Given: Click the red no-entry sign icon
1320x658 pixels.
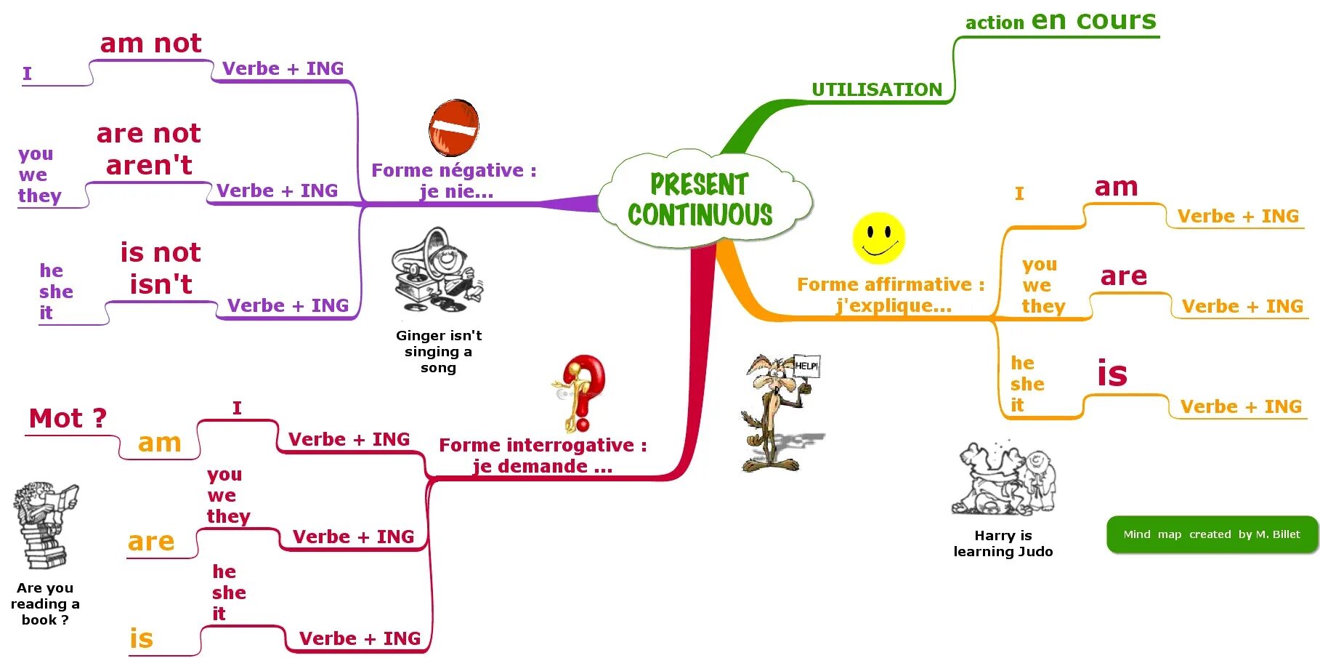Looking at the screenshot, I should [x=454, y=128].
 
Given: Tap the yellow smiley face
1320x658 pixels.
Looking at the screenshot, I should [x=878, y=238].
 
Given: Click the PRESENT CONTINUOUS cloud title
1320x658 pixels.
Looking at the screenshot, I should [x=700, y=199].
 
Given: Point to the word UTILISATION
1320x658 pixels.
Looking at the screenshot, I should [x=877, y=89].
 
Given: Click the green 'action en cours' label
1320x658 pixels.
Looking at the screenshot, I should [x=1060, y=21].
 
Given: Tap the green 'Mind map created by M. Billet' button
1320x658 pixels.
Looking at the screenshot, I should [x=1211, y=534].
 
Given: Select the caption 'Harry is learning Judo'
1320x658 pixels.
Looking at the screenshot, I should [x=1003, y=543].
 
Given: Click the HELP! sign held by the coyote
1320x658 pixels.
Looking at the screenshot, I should [x=806, y=366].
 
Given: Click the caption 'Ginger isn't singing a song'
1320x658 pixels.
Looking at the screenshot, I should [x=438, y=351].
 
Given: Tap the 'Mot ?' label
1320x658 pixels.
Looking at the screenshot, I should [x=68, y=419].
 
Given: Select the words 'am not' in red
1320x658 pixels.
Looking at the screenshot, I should [x=150, y=44].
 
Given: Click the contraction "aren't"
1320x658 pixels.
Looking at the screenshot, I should [x=149, y=166].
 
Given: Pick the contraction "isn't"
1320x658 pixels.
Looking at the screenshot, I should [x=161, y=284].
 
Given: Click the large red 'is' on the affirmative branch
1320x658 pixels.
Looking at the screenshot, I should [x=1112, y=374].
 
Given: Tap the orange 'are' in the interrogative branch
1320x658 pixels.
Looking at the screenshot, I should [x=151, y=542].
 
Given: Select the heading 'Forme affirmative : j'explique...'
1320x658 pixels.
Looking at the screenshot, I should [x=891, y=294].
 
